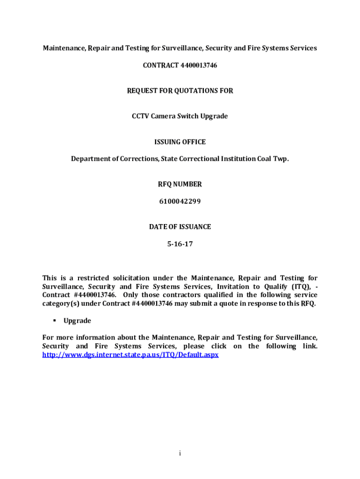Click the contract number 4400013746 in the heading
coord(199,65)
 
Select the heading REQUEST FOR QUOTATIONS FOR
coord(180,91)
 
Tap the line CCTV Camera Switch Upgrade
coord(180,116)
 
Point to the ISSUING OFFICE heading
coord(180,142)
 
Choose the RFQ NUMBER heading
coord(180,184)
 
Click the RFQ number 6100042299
coord(180,202)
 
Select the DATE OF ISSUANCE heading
coord(180,227)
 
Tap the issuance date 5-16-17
coord(180,244)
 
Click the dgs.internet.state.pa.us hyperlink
coord(130,355)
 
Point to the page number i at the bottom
coord(180,453)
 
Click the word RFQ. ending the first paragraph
coord(308,304)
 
